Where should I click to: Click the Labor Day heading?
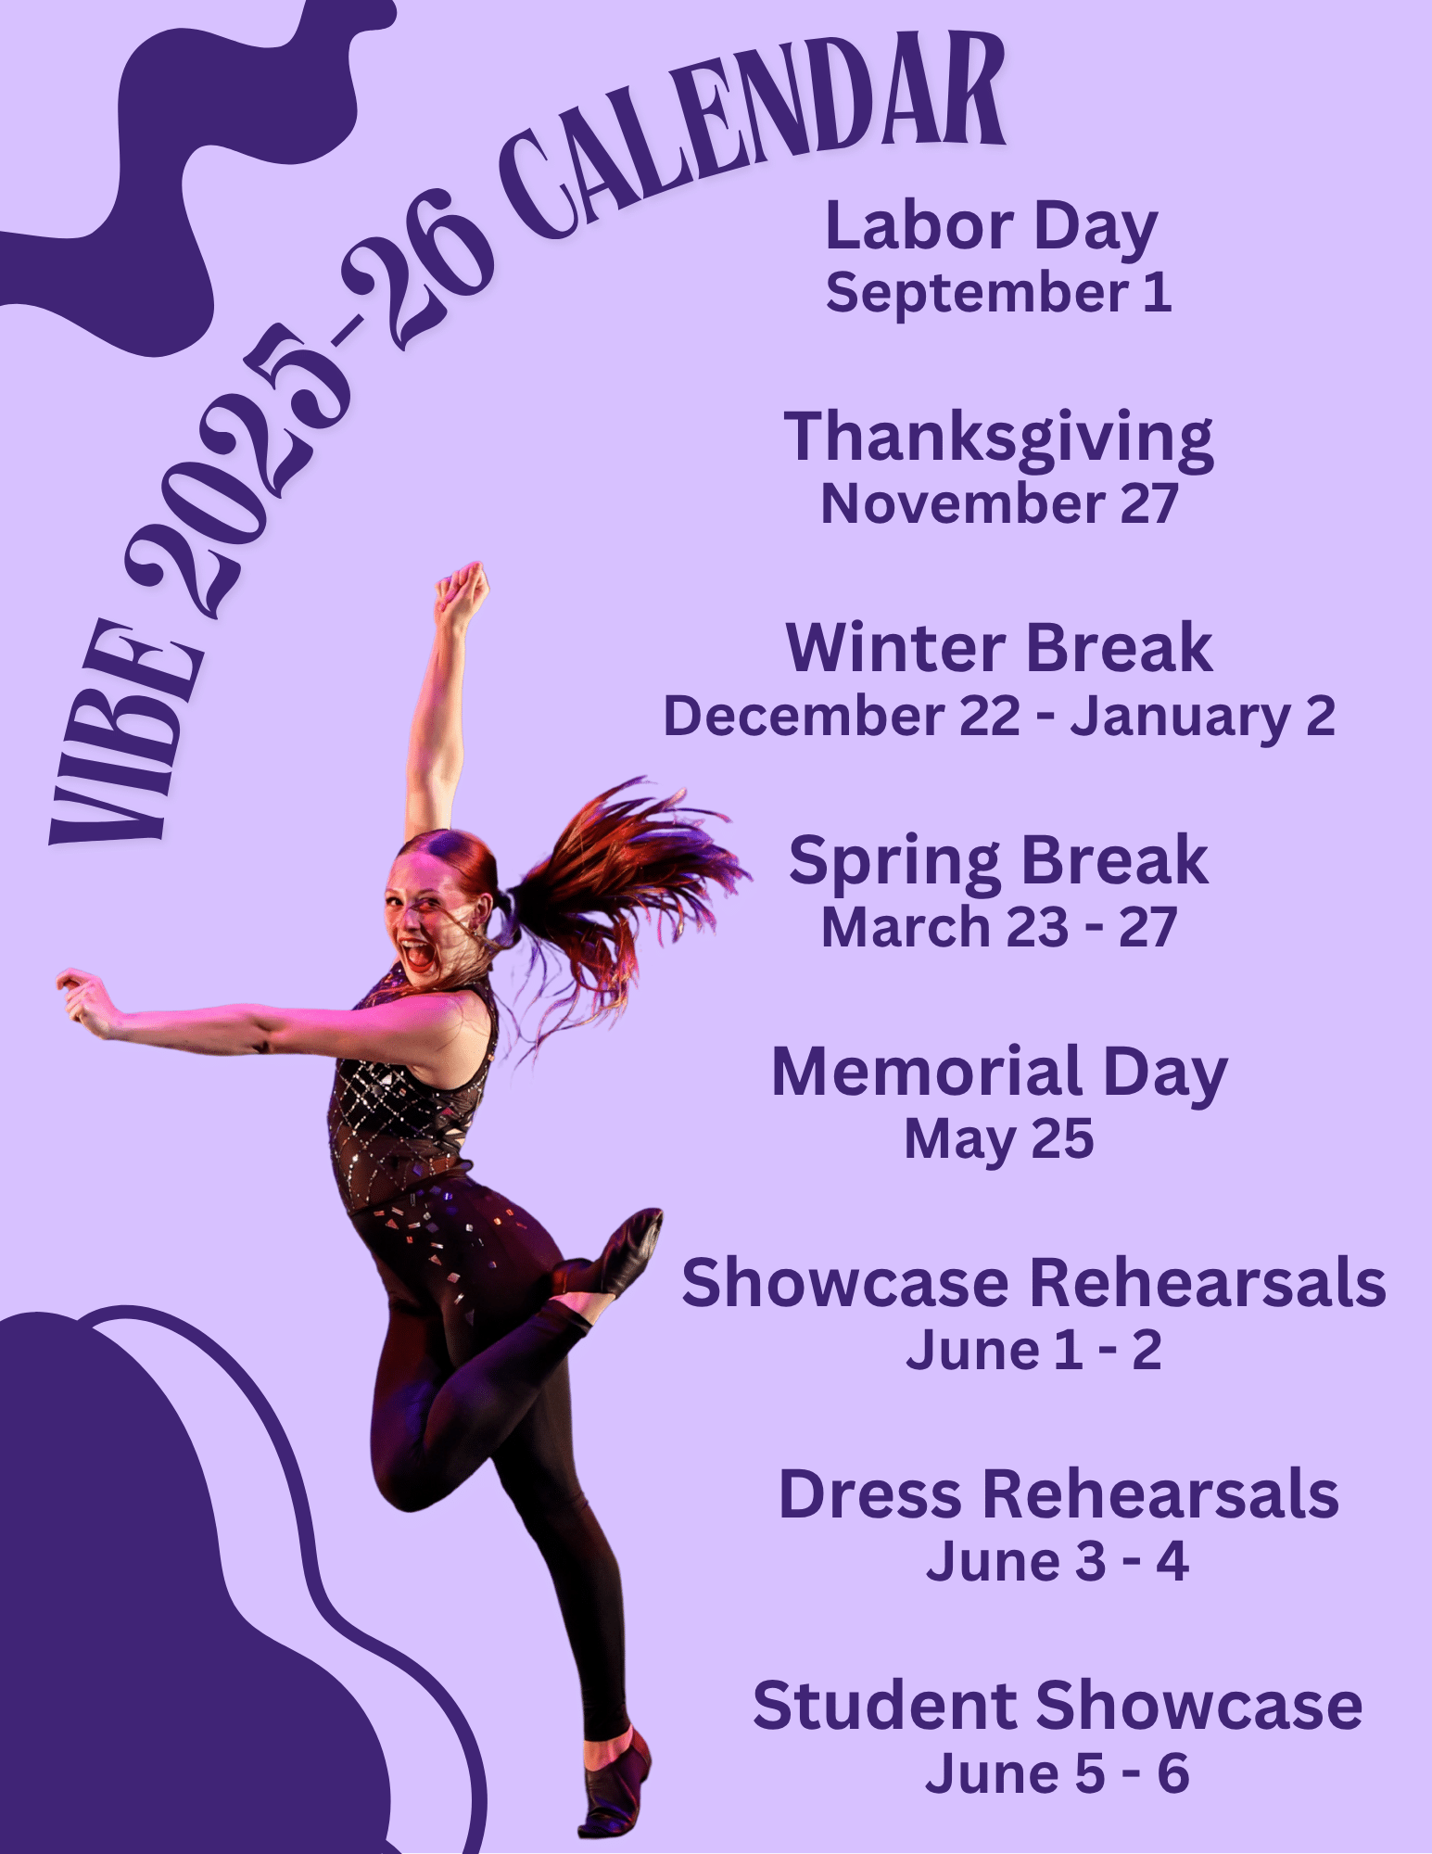(x=991, y=228)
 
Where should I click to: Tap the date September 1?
(x=998, y=295)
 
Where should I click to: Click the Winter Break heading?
(x=998, y=648)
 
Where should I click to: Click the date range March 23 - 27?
(x=999, y=927)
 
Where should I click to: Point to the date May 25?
(x=999, y=1141)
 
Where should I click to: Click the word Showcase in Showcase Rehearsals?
(x=844, y=1284)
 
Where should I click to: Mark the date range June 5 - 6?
(x=1058, y=1773)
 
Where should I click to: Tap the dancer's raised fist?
(x=462, y=590)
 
